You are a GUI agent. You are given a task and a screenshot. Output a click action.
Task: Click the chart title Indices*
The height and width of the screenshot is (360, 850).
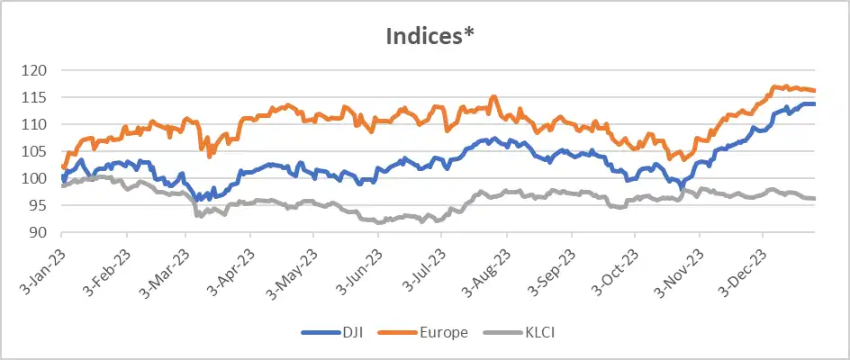tap(425, 37)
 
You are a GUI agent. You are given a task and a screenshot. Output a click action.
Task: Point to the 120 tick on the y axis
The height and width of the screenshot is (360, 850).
tap(37, 70)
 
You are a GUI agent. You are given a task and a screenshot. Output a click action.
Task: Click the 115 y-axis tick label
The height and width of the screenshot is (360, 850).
tap(37, 97)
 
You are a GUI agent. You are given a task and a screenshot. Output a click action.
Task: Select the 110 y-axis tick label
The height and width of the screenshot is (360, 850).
tap(37, 124)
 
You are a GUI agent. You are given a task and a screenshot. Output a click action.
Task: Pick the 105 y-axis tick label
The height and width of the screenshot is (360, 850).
tap(37, 151)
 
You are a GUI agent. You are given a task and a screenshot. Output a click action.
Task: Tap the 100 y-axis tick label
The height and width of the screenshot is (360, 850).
tap(37, 178)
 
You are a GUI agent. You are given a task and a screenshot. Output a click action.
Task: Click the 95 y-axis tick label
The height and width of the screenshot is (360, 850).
tap(41, 205)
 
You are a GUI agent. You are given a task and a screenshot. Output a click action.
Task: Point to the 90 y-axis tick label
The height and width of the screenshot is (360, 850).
tap(41, 232)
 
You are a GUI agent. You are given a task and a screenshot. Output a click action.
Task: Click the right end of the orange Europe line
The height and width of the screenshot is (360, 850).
tap(815, 90)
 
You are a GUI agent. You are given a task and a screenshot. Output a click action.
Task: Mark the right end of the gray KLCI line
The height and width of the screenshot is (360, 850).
tap(815, 198)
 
